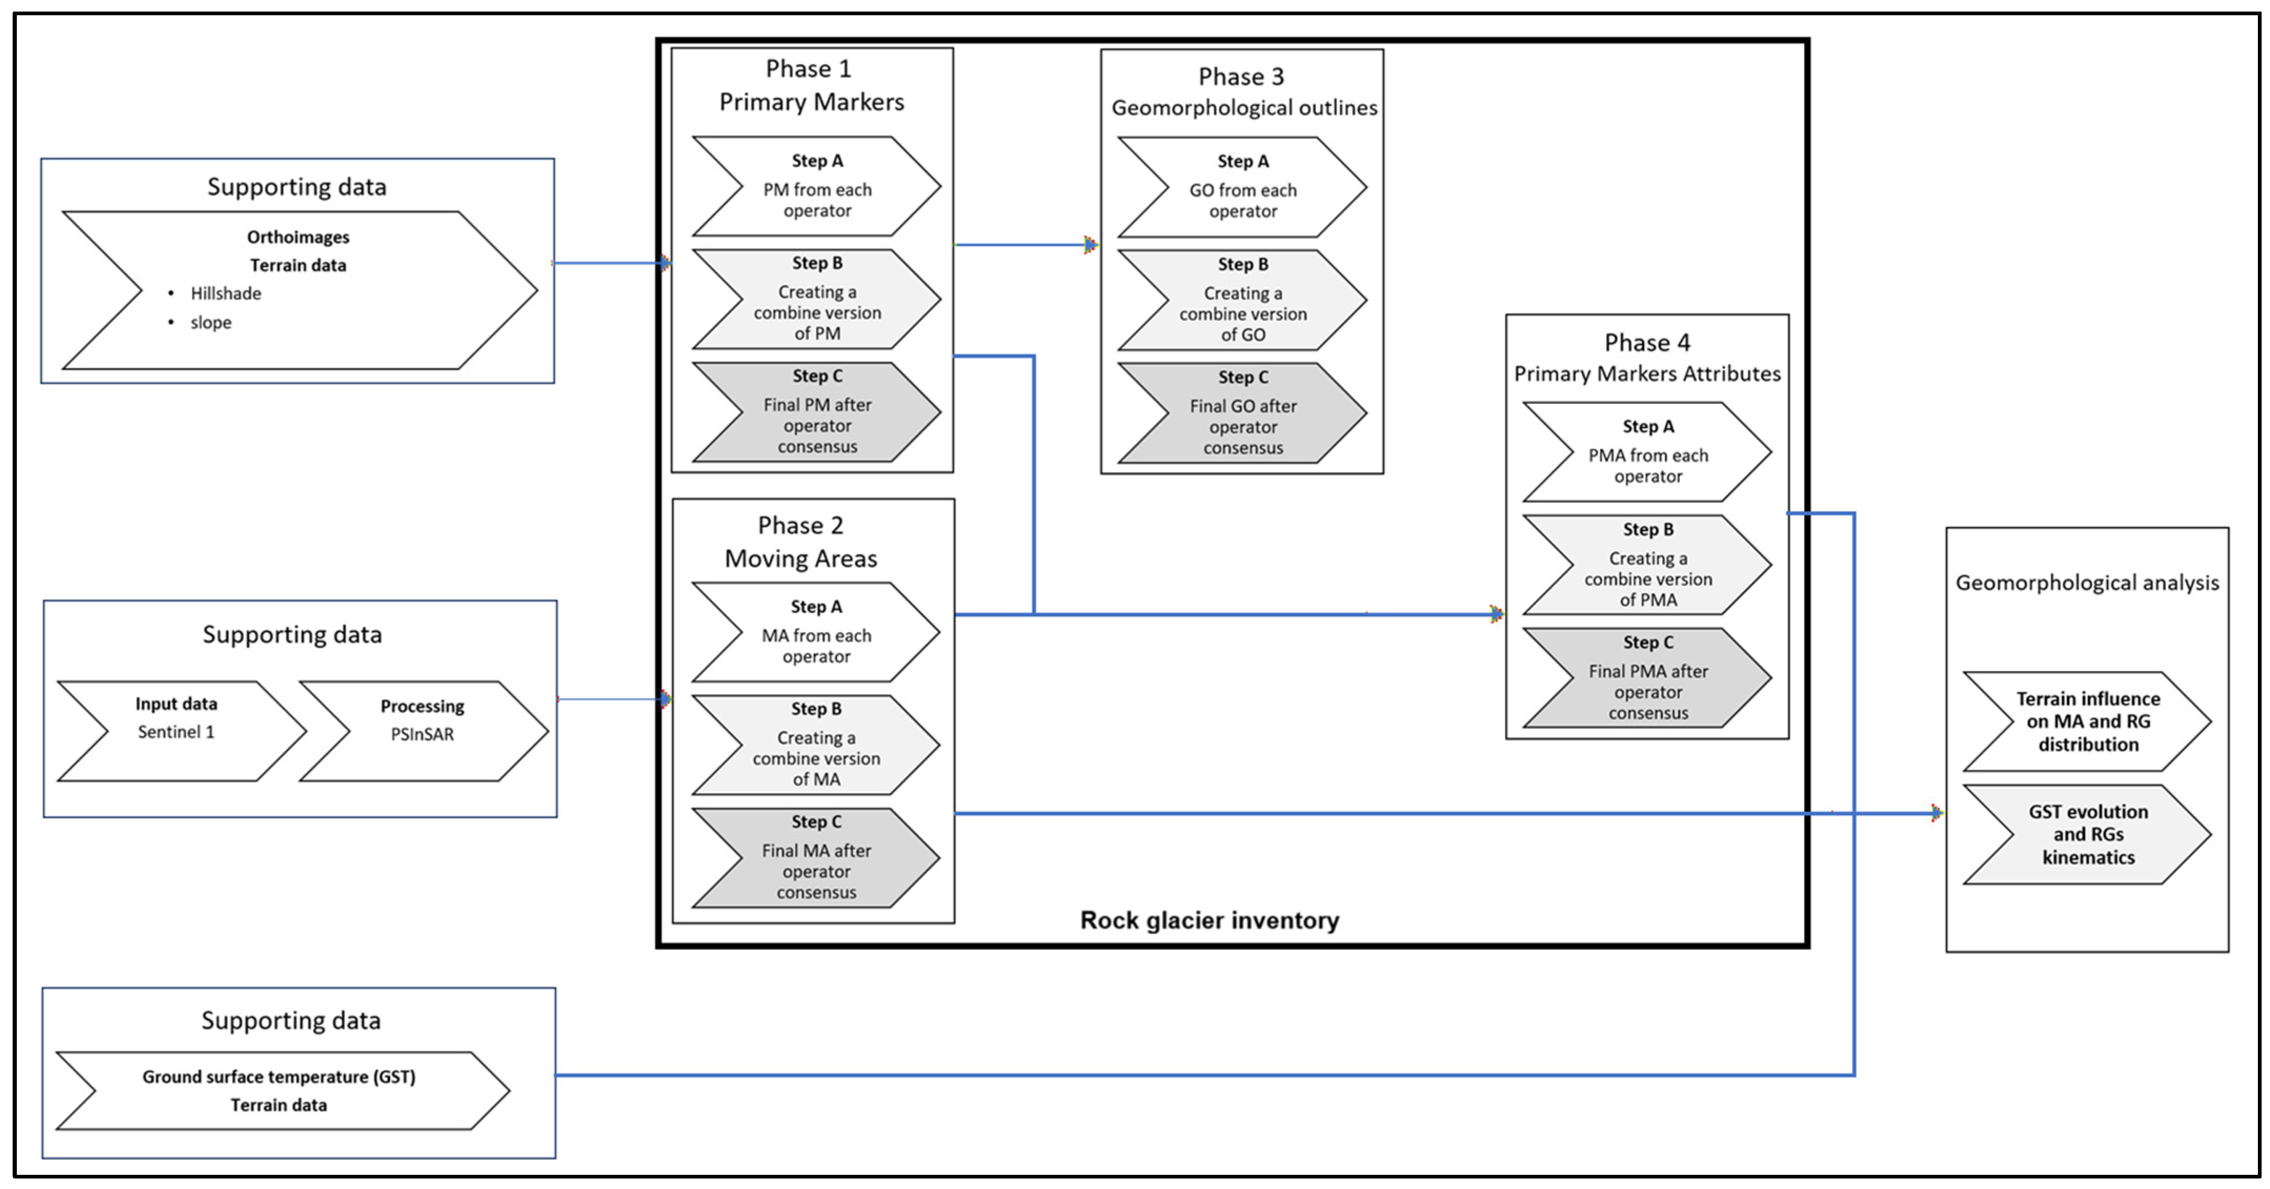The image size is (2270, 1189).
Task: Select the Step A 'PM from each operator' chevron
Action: pyautogui.click(x=817, y=186)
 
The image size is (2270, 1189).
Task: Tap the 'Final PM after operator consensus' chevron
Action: pyautogui.click(x=817, y=412)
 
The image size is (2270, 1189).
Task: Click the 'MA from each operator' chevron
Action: pyautogui.click(x=816, y=632)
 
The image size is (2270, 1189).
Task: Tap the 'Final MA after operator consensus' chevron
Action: pyautogui.click(x=816, y=858)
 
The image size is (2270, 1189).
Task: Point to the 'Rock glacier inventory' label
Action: pyautogui.click(x=1210, y=920)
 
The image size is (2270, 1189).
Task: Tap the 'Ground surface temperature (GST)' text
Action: pyautogui.click(x=278, y=1076)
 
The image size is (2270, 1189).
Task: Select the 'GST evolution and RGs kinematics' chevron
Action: pyautogui.click(x=2087, y=835)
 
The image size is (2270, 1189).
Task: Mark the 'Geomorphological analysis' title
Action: pyautogui.click(x=2087, y=583)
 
